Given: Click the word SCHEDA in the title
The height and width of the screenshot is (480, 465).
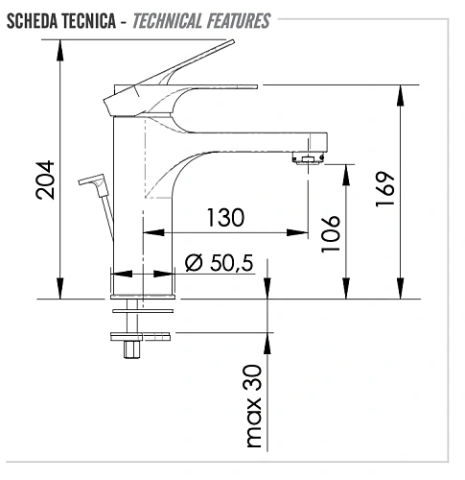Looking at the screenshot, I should click(x=32, y=20).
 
